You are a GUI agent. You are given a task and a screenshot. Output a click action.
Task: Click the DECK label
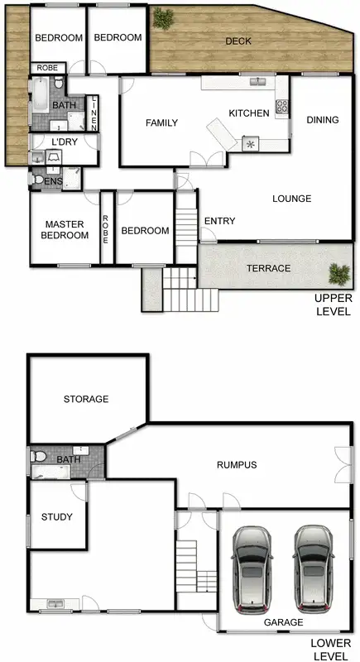click(238, 41)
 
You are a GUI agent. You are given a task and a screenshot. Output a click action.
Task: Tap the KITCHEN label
click(249, 113)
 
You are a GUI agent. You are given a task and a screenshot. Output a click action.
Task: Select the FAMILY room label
click(162, 123)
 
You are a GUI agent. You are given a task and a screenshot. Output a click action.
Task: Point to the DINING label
click(323, 120)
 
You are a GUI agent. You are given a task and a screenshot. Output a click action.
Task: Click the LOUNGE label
click(290, 199)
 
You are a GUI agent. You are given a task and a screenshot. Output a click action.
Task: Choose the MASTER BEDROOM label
click(66, 230)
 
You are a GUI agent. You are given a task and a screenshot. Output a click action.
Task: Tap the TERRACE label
click(268, 268)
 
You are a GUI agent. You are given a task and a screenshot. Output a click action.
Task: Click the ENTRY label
click(219, 221)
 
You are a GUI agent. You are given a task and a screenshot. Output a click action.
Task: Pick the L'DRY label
click(64, 143)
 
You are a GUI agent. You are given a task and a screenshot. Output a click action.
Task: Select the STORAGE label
click(86, 399)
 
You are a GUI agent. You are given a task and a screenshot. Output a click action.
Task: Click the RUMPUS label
click(237, 465)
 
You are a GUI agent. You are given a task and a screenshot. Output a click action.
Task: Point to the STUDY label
click(57, 517)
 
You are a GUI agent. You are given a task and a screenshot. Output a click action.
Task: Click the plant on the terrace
click(338, 272)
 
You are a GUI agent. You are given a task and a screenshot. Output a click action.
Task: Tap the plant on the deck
click(164, 17)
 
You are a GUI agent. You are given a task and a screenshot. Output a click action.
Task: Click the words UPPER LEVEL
click(333, 305)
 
